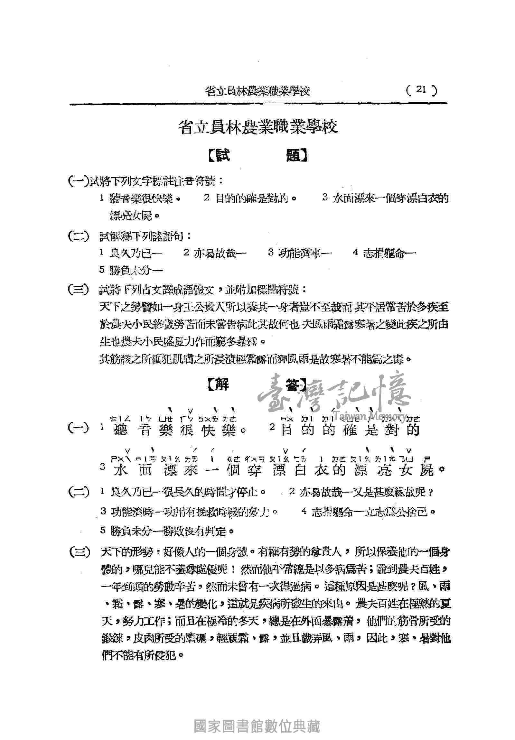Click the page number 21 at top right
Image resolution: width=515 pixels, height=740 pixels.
[421, 90]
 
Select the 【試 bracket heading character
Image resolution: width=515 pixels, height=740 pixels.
[220, 156]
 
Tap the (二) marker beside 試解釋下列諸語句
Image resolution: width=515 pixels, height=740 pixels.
[78, 237]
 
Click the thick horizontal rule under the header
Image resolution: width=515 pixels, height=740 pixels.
[258, 104]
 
